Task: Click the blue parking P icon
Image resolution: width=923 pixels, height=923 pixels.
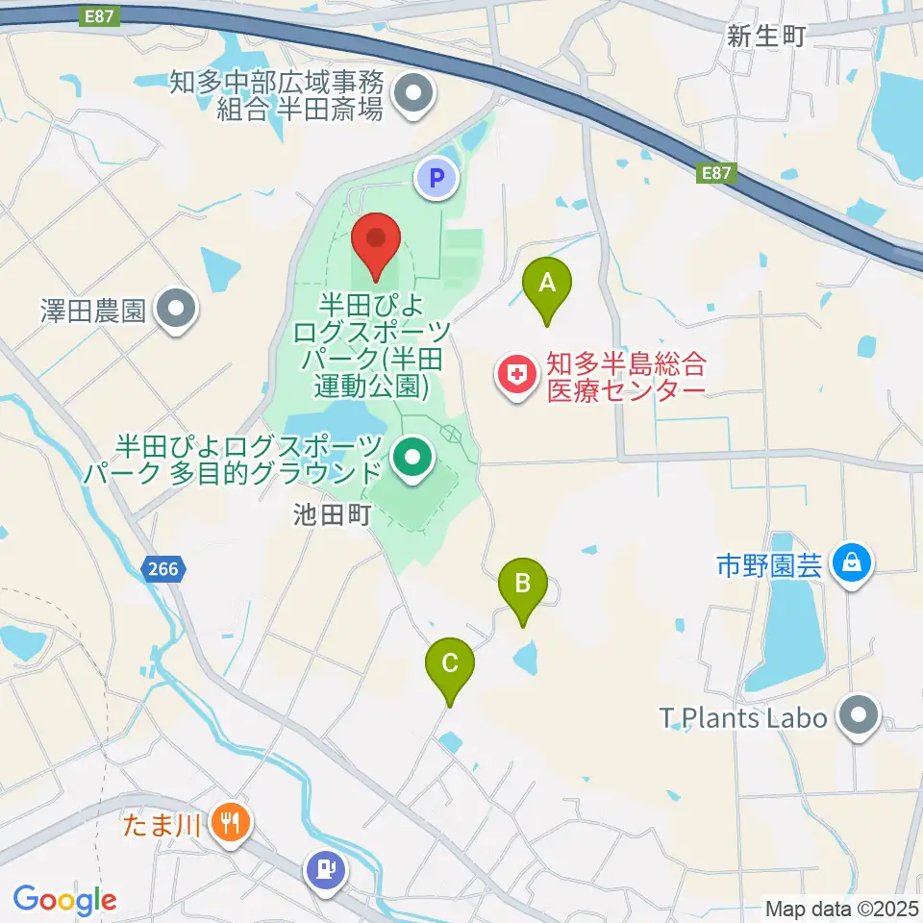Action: click(x=437, y=178)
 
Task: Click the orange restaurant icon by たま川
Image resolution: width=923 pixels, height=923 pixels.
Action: click(x=230, y=822)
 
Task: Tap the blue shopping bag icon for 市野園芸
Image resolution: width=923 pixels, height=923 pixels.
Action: click(x=852, y=563)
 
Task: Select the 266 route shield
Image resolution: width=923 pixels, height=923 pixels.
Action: click(x=163, y=570)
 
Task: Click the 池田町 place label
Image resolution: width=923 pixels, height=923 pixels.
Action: click(x=332, y=515)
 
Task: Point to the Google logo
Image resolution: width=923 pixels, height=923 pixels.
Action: click(x=64, y=900)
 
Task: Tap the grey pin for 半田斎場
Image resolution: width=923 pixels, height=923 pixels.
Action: click(x=415, y=94)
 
